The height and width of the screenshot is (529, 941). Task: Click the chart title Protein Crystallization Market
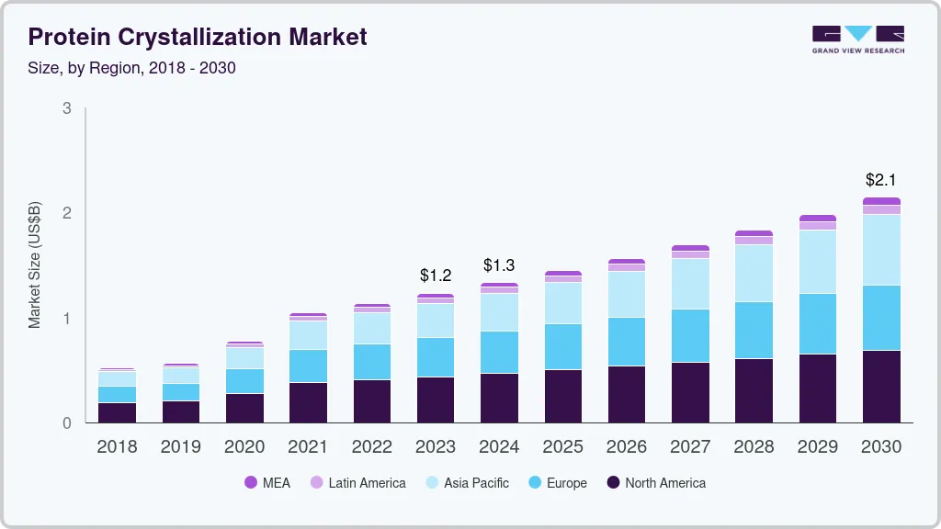[198, 37]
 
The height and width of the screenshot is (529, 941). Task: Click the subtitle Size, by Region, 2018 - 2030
[132, 68]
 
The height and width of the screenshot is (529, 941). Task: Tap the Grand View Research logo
[857, 39]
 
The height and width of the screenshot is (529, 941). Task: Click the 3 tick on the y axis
[66, 108]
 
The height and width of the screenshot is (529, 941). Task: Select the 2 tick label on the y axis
[66, 213]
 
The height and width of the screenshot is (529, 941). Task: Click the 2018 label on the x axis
[117, 447]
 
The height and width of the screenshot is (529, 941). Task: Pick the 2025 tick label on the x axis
[562, 447]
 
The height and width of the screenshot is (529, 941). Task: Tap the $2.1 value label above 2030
[881, 180]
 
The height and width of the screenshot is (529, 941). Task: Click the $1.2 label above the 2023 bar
[436, 275]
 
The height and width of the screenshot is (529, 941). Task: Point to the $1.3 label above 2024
[499, 265]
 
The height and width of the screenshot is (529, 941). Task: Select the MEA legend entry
[267, 482]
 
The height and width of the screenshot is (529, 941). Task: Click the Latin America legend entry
[357, 482]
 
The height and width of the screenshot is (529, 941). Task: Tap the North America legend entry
[656, 482]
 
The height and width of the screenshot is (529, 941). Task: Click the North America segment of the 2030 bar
[881, 387]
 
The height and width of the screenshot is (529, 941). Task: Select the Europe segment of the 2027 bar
[690, 335]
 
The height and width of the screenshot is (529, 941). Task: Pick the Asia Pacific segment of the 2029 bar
[818, 262]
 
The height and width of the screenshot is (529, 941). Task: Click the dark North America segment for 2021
[308, 402]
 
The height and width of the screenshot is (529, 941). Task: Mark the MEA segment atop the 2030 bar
[881, 201]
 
